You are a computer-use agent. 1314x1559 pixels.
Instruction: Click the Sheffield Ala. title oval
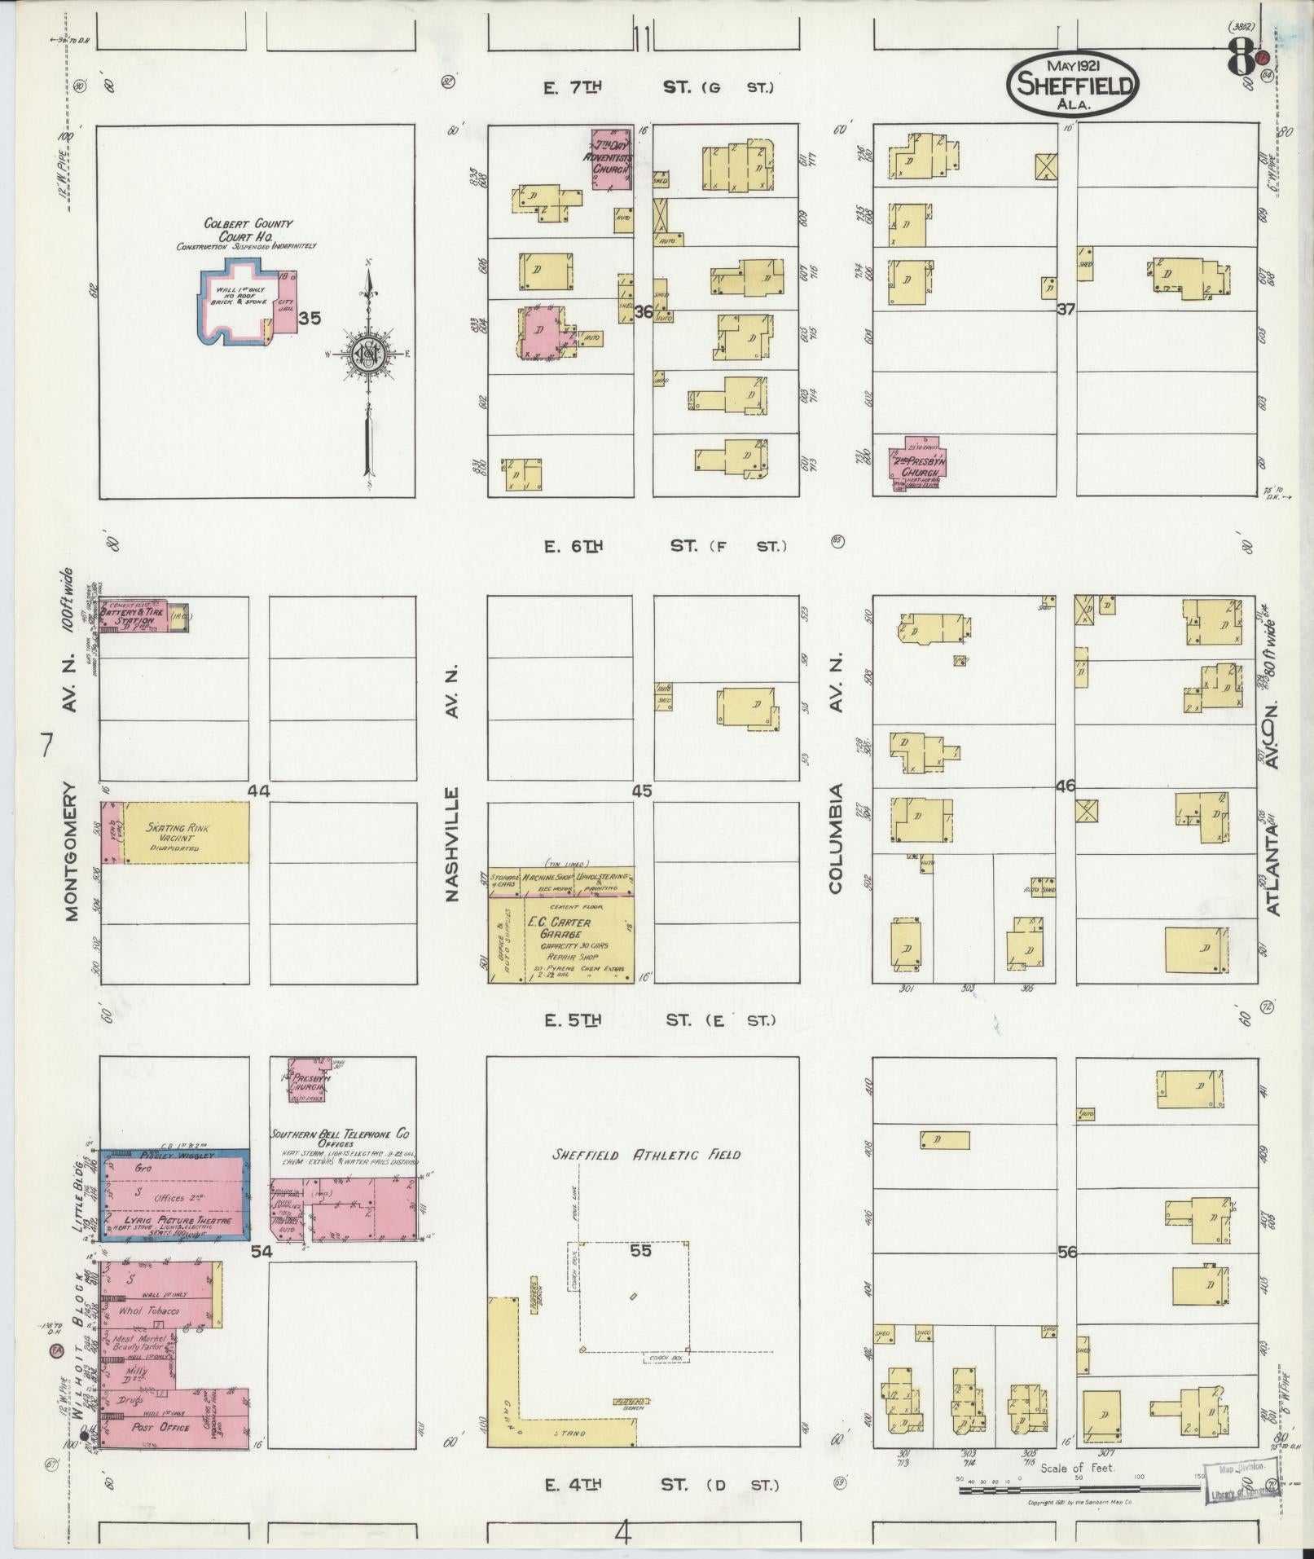click(1072, 84)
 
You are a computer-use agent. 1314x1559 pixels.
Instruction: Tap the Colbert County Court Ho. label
click(248, 230)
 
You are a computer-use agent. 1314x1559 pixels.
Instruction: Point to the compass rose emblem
click(368, 355)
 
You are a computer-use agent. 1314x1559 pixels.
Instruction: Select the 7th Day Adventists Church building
click(611, 158)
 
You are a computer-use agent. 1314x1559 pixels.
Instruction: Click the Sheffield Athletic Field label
click(646, 1154)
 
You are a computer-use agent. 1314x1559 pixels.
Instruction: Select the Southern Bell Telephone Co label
click(341, 1134)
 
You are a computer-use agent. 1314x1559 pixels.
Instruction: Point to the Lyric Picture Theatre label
click(174, 1220)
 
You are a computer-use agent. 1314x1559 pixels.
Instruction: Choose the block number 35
click(309, 319)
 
